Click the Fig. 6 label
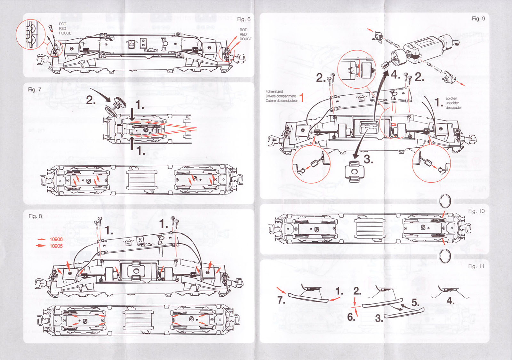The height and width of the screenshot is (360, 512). [x=244, y=19]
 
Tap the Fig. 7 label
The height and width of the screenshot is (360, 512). [x=35, y=90]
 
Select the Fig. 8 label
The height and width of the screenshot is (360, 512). [x=35, y=216]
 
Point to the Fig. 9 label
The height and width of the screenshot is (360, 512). [x=478, y=19]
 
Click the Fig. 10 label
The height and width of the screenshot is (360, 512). [x=476, y=211]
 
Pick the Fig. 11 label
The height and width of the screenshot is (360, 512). [x=476, y=266]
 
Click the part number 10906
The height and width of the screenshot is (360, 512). [x=56, y=239]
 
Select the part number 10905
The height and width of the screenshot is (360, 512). [x=56, y=246]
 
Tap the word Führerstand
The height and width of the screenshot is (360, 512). [x=274, y=91]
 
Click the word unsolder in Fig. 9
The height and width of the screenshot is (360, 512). [x=452, y=103]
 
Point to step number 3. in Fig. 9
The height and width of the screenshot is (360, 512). [x=368, y=159]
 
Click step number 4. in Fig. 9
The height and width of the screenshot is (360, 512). [x=396, y=75]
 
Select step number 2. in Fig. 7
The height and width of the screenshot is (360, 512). [x=91, y=100]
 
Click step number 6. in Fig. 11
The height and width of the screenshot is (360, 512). [x=351, y=317]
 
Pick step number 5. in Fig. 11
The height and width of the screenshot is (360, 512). [x=415, y=302]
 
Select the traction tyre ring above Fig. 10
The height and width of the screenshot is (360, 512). [x=445, y=201]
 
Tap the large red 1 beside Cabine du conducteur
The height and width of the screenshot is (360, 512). [x=301, y=97]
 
